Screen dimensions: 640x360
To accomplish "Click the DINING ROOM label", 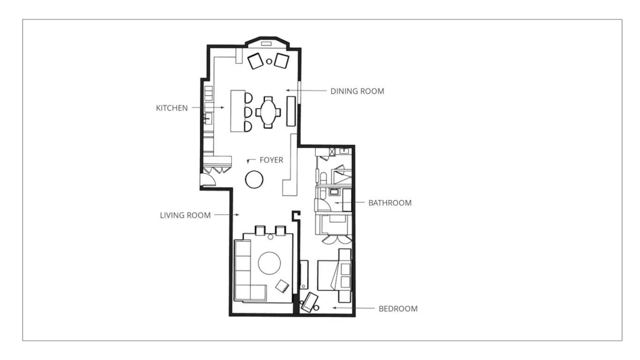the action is (357, 91).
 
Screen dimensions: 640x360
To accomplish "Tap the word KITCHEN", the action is (172, 108).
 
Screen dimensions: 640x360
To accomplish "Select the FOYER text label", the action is (271, 160).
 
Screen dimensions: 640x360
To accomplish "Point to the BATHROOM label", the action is (390, 203).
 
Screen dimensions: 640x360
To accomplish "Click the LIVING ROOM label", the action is (185, 215).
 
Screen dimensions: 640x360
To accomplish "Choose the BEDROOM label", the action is (398, 309).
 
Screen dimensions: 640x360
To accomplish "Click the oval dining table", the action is (268, 112).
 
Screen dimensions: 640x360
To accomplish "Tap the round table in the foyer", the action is (254, 179).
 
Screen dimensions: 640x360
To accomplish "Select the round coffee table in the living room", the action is (269, 263).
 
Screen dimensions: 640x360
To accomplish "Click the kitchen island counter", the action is (237, 111).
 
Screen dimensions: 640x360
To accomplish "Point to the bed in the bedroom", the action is (334, 276).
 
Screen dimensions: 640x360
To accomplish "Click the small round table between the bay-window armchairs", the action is (269, 62).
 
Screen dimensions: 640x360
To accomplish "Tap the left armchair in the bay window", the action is (256, 61).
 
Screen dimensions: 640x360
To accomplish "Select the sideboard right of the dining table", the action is (291, 111).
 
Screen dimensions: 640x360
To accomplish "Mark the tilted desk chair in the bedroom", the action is (309, 302).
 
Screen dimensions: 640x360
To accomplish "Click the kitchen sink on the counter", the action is (207, 118).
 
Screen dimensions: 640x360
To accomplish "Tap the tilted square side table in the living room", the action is (282, 286).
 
